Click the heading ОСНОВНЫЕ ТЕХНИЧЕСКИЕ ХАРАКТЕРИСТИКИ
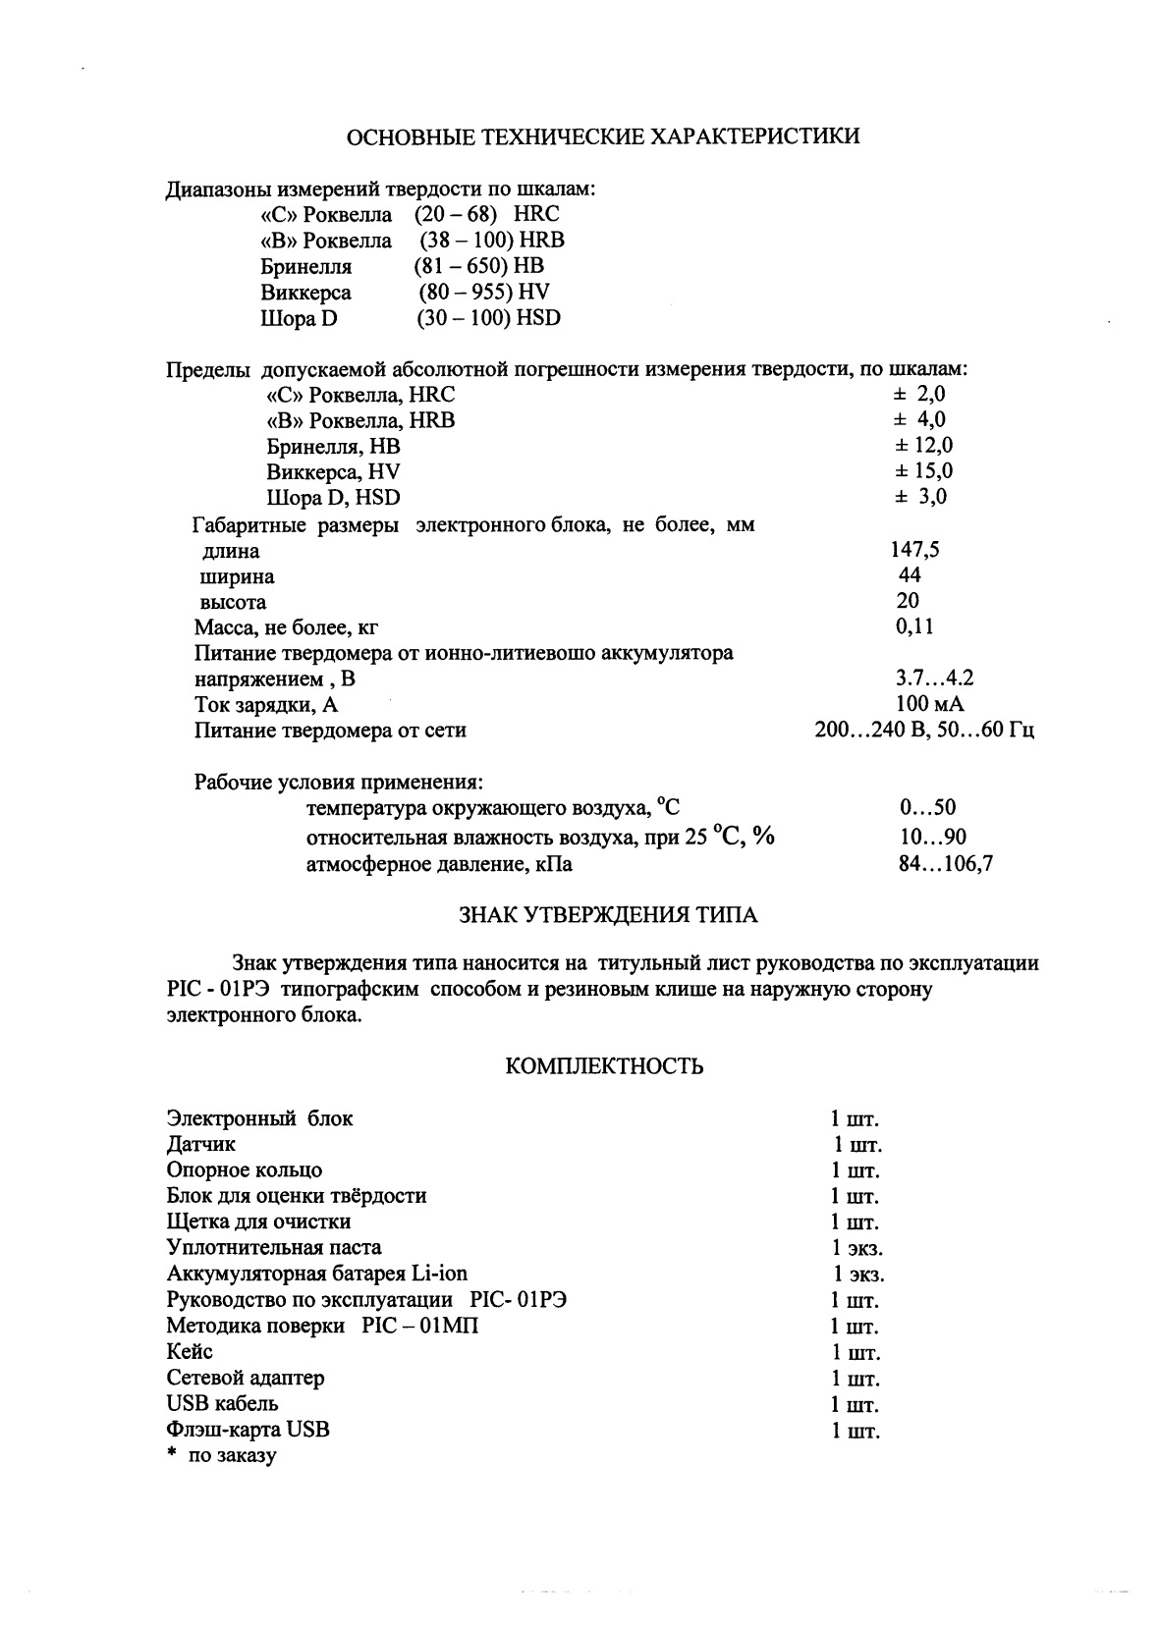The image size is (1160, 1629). [x=604, y=136]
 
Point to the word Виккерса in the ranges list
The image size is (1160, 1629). [x=305, y=293]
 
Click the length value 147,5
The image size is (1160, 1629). [x=914, y=550]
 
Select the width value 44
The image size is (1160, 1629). [x=910, y=574]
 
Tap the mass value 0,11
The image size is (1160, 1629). [x=914, y=626]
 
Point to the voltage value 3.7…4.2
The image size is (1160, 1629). [x=934, y=679]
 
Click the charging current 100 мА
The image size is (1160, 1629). [x=929, y=704]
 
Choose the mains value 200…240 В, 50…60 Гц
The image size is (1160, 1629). [x=924, y=731]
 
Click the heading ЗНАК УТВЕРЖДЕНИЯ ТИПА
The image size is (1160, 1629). [x=609, y=915]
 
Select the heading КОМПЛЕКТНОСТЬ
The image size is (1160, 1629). [x=604, y=1066]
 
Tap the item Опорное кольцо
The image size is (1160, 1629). [x=245, y=1170]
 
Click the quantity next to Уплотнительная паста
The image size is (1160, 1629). [x=857, y=1249]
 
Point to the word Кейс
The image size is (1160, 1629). [x=190, y=1352]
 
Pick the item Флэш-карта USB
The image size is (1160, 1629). [x=249, y=1430]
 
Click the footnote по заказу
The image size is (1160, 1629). [x=233, y=1455]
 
